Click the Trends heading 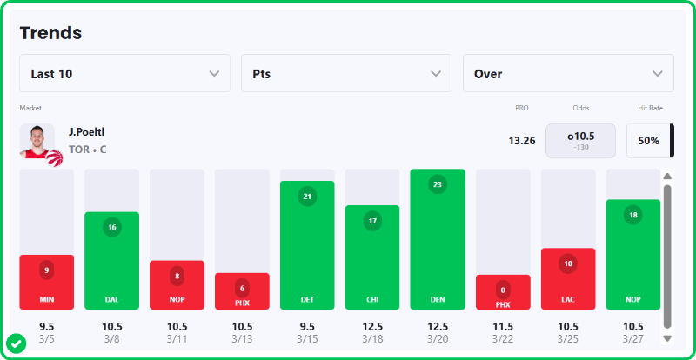pos(50,33)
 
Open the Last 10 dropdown pos(124,74)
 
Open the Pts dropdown pos(346,74)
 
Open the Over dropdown pos(568,74)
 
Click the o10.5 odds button pos(580,140)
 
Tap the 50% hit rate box pos(648,141)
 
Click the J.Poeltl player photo pos(37,141)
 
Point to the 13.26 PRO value pos(522,141)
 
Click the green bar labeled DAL pos(111,261)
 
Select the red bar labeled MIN pos(46,282)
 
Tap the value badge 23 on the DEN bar pos(438,184)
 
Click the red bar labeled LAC pos(568,278)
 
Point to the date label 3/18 pos(372,337)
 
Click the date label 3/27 pos(633,337)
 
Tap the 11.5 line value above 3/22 pos(503,326)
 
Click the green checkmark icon pos(17,343)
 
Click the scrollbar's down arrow pos(667,337)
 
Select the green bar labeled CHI pos(372,257)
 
